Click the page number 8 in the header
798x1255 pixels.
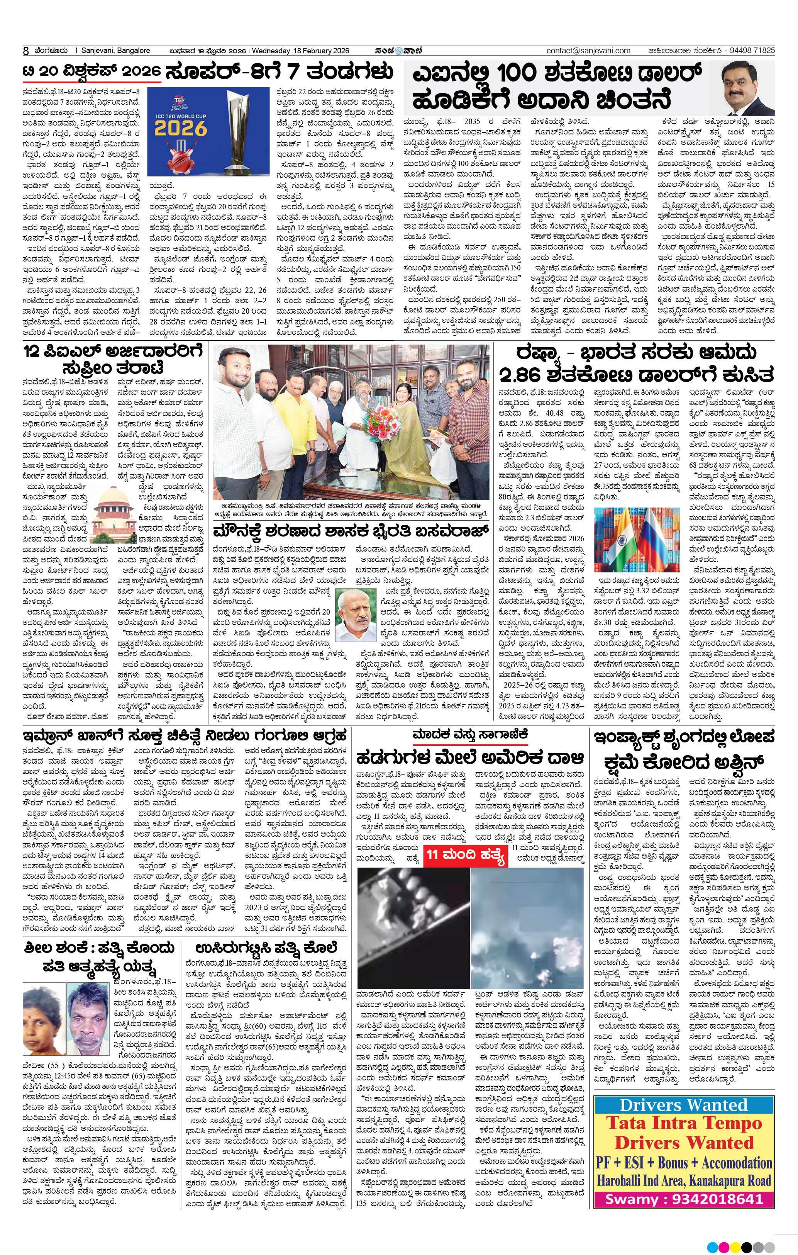(x=25, y=51)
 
